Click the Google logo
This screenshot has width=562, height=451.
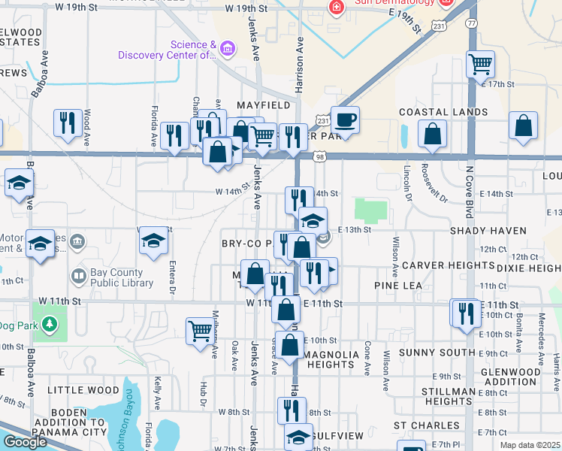point(24,442)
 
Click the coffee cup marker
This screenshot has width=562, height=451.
point(345,120)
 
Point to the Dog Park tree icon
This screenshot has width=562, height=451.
point(50,324)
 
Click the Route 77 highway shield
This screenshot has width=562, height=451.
point(471,23)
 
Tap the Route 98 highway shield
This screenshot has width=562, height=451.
point(321,156)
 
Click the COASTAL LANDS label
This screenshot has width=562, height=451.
point(443,112)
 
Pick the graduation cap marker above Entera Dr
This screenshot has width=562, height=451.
point(153,241)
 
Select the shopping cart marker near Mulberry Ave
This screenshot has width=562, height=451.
point(200,330)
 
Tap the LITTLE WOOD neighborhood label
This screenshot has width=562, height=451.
point(83,390)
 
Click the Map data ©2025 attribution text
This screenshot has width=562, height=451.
point(530,445)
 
